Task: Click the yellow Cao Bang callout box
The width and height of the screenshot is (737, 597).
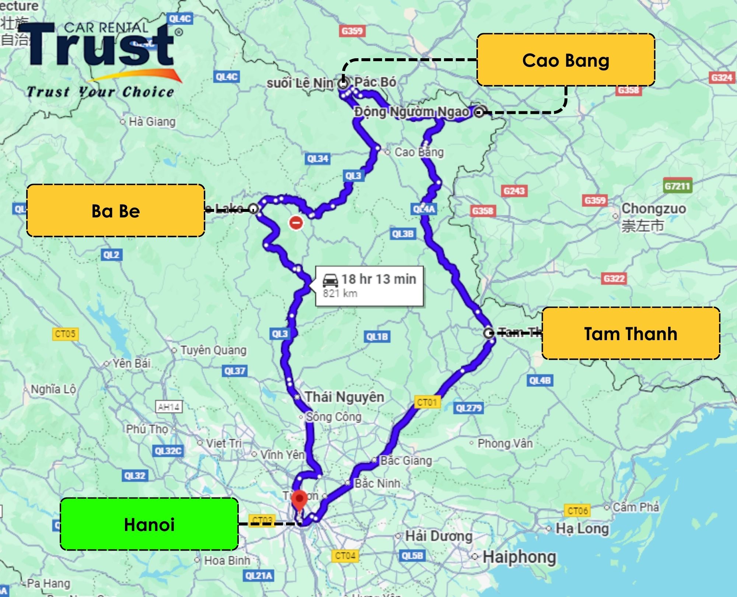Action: pos(566,60)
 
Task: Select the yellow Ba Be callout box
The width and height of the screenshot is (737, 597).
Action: pos(116,211)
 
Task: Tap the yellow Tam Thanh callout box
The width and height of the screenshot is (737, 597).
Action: pos(631,334)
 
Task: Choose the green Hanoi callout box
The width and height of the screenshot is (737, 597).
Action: pos(149,524)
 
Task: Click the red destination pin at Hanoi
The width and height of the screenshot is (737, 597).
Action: pos(299,499)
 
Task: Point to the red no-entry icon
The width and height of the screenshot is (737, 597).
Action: pos(296,223)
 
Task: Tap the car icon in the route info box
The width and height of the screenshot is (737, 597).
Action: pos(330,280)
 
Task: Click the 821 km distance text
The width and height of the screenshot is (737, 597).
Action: pos(340,293)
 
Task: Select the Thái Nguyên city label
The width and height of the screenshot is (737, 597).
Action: pos(345,397)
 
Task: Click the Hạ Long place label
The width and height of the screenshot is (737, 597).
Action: pos(582,528)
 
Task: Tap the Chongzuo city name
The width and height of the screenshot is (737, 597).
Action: pos(654,209)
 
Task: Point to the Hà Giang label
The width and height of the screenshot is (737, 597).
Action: pos(152,122)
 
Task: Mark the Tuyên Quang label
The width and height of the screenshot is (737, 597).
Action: pos(213,350)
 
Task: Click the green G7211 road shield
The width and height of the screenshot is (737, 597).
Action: pos(677,186)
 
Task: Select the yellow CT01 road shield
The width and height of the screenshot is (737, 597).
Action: pos(427,402)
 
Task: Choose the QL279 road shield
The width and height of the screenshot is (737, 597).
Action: pos(468,408)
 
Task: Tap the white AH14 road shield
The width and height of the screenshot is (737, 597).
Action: pos(169,407)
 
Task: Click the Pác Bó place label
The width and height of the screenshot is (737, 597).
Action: pos(375,82)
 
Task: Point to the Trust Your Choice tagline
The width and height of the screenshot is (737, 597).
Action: pos(100,92)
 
